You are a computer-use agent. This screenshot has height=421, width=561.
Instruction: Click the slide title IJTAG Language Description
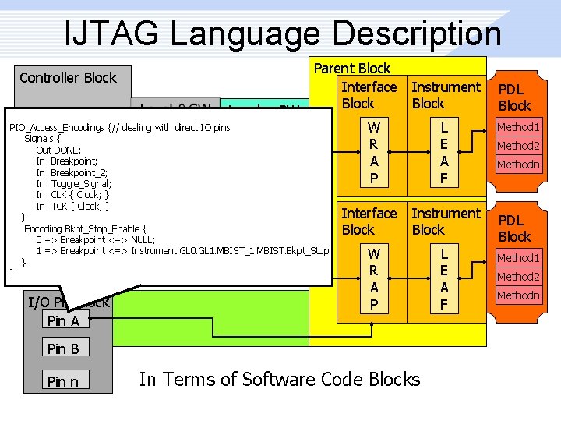284,33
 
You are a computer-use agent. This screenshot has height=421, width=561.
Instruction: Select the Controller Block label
68,77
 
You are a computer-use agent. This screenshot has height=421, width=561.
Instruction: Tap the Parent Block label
352,69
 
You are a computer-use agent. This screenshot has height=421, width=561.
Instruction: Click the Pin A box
64,320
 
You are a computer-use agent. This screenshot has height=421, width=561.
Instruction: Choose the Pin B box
64,348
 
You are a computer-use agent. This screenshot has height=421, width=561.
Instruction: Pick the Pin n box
64,380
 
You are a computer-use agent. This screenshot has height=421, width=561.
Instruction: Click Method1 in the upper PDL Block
518,126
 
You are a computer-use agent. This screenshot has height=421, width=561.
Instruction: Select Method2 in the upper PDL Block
518,146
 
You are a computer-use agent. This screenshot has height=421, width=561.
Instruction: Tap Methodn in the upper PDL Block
518,165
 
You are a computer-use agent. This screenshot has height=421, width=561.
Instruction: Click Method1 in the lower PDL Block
518,257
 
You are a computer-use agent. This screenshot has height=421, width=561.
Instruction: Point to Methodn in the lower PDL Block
518,295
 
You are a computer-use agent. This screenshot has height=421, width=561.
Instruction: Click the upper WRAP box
374,153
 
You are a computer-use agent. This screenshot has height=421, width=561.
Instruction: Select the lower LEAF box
444,279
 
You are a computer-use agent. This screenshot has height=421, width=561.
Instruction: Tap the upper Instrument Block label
446,95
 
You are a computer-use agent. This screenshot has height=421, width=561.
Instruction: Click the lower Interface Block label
369,221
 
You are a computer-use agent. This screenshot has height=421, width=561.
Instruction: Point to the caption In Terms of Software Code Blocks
279,380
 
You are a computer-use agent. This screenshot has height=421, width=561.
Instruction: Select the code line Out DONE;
58,150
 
